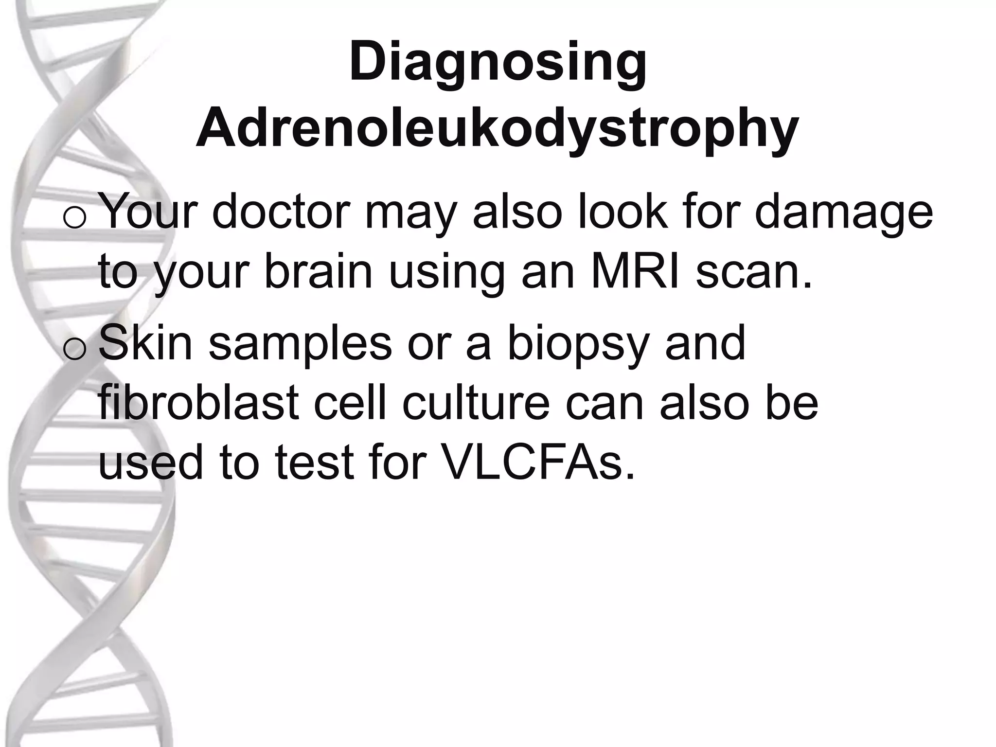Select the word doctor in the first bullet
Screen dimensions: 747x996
pos(281,212)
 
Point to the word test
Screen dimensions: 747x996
pos(314,463)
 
